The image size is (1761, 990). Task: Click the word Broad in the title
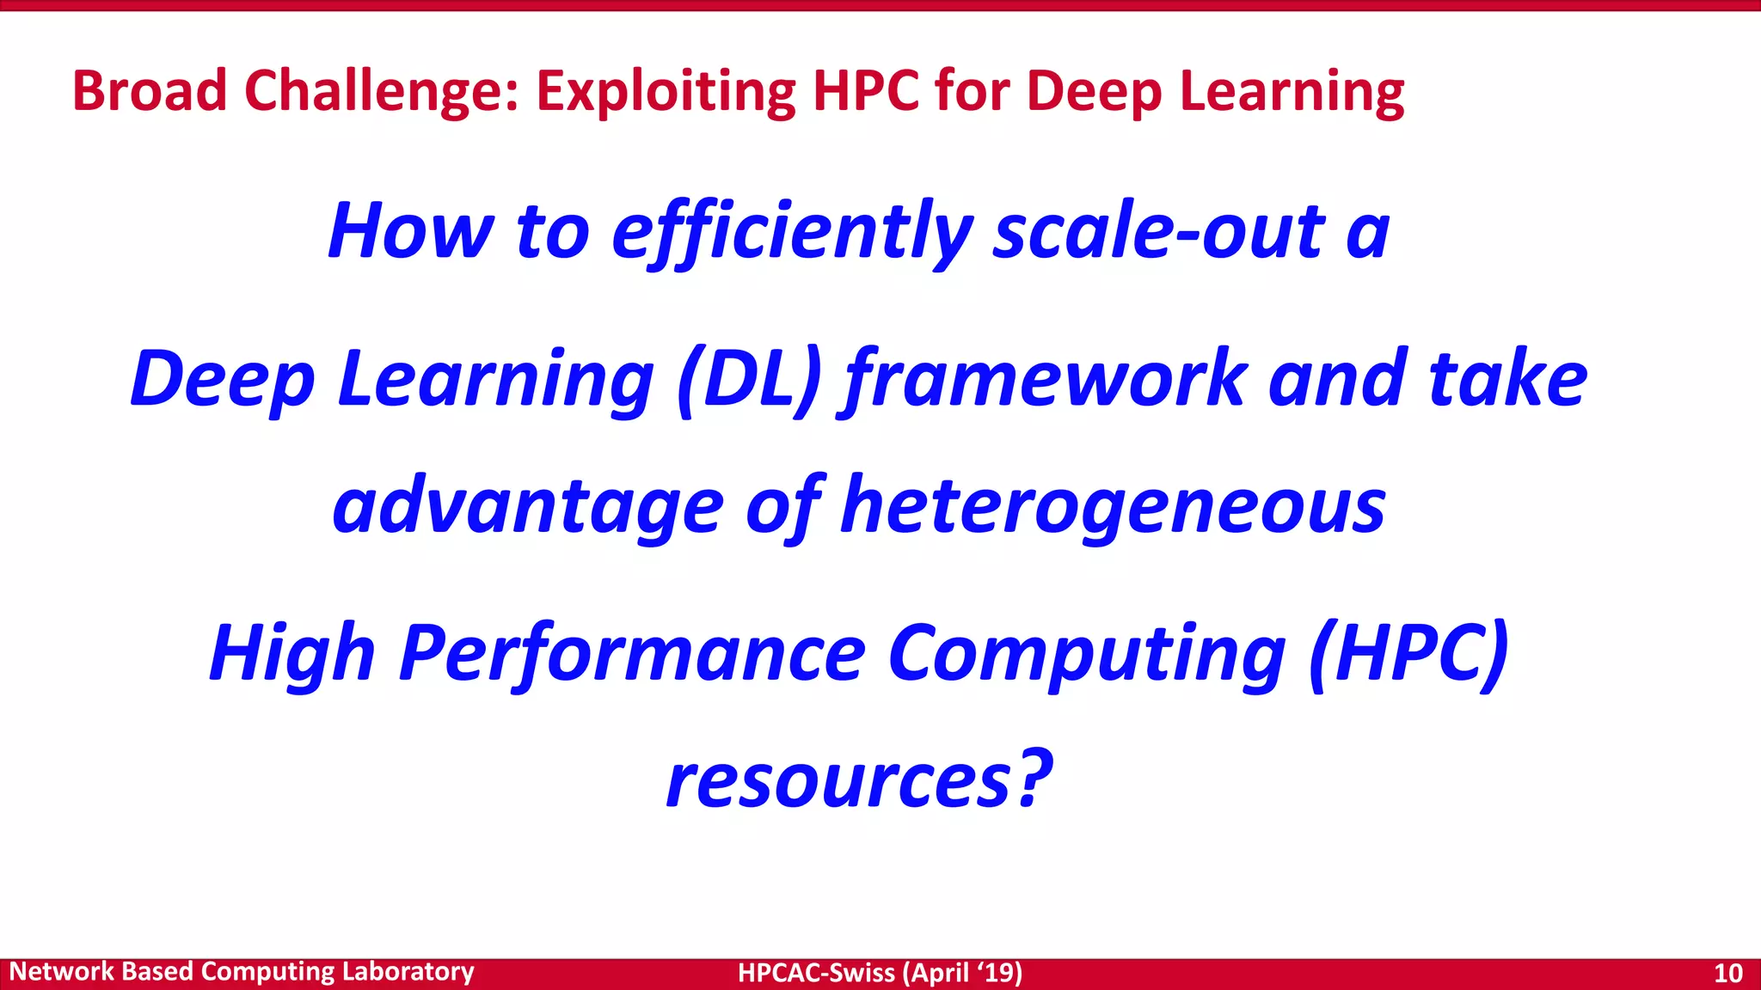pos(149,90)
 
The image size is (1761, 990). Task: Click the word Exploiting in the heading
pos(666,92)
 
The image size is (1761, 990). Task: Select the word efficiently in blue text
pos(792,232)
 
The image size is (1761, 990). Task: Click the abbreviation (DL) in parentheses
pos(750,379)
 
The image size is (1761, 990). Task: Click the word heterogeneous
pos(1113,506)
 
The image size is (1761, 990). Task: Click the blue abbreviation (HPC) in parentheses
pos(1408,654)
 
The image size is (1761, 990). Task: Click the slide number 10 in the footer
pos(1727,973)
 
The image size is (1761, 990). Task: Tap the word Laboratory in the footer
pos(408,972)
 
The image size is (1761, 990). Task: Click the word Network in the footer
pos(61,972)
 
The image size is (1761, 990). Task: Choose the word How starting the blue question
pos(410,232)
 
